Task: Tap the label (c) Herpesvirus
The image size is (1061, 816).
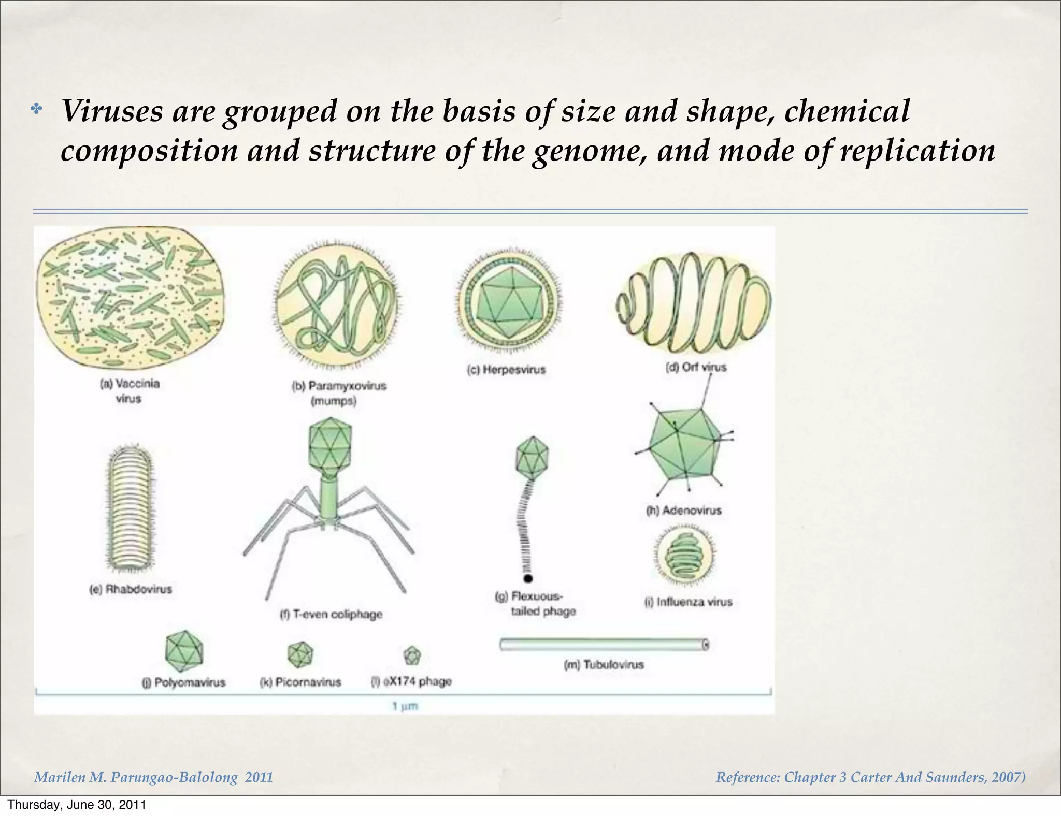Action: [506, 370]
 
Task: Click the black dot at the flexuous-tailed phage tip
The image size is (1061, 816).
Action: [528, 578]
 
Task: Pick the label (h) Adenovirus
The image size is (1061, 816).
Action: [683, 511]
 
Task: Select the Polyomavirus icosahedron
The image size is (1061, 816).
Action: [184, 651]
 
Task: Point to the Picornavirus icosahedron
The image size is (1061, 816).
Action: [300, 654]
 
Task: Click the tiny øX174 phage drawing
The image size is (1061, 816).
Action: [412, 655]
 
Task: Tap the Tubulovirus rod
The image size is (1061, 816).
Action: [604, 644]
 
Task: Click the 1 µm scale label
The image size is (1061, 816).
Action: [405, 706]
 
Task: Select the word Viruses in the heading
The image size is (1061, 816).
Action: [112, 111]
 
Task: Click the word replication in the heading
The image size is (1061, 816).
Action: [917, 151]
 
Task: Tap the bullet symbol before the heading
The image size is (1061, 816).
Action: [36, 109]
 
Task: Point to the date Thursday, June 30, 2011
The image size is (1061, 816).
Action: [77, 805]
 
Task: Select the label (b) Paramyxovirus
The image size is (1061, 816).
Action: [339, 386]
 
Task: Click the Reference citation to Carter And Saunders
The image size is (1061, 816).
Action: [870, 777]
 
